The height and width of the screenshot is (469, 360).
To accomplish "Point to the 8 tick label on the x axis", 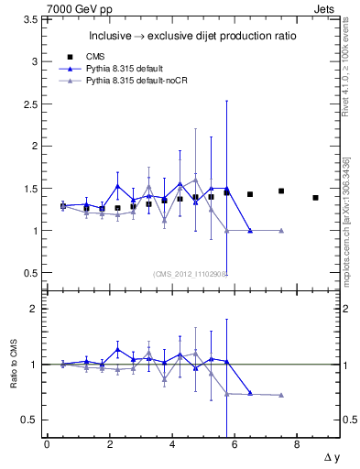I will (x=297, y=443).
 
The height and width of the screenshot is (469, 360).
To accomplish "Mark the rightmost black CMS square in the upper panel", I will (x=315, y=197).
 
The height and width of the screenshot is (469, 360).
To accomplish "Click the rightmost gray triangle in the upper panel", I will (x=281, y=231).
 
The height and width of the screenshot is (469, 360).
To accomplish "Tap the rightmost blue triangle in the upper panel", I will (x=250, y=231).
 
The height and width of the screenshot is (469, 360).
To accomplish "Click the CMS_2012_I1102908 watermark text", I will (x=191, y=273).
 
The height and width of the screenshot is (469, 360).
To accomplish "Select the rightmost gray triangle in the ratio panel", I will (x=281, y=395).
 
